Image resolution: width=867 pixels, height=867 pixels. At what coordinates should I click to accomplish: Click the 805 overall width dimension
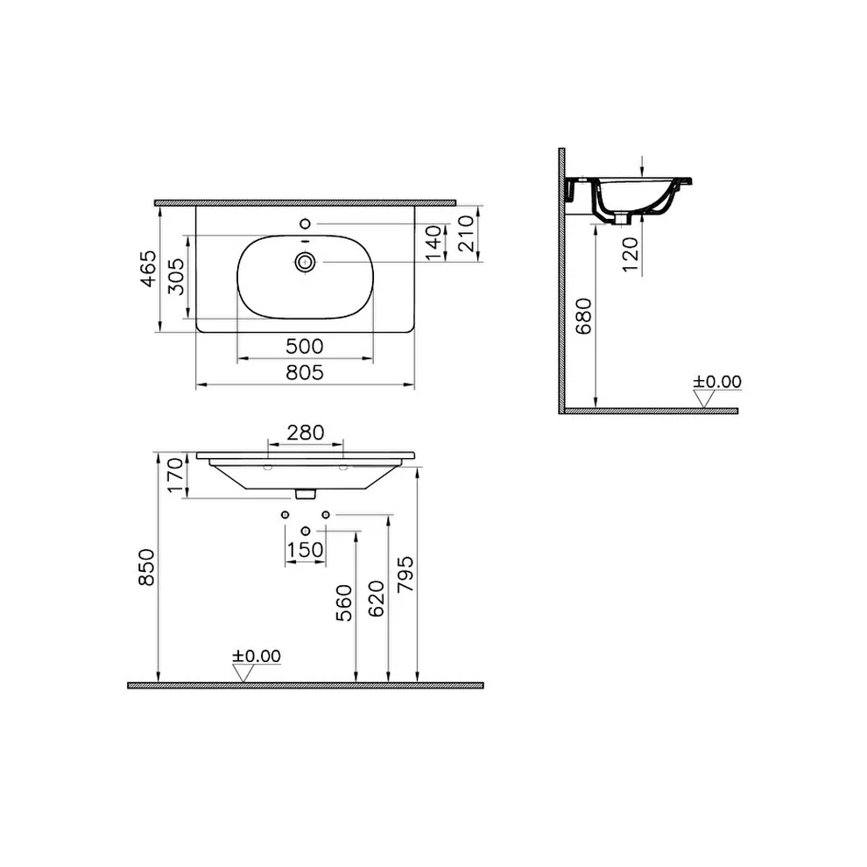click(x=305, y=372)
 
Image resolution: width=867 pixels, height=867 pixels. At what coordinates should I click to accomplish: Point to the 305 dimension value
click(x=177, y=276)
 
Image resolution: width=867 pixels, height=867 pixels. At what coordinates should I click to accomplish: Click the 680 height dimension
click(x=585, y=318)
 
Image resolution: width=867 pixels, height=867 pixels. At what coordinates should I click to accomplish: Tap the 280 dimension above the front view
click(x=305, y=432)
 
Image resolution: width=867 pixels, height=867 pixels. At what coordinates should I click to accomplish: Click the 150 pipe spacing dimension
click(x=305, y=549)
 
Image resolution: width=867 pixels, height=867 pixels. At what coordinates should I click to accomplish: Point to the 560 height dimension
click(x=346, y=603)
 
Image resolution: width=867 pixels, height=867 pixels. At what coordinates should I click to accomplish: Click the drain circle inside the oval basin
click(x=305, y=261)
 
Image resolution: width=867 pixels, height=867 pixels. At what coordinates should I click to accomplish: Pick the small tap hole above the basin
click(x=305, y=222)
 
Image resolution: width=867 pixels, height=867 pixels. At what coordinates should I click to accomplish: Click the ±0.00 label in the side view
click(x=717, y=382)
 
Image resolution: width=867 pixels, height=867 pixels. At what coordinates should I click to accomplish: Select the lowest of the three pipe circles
click(x=305, y=531)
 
